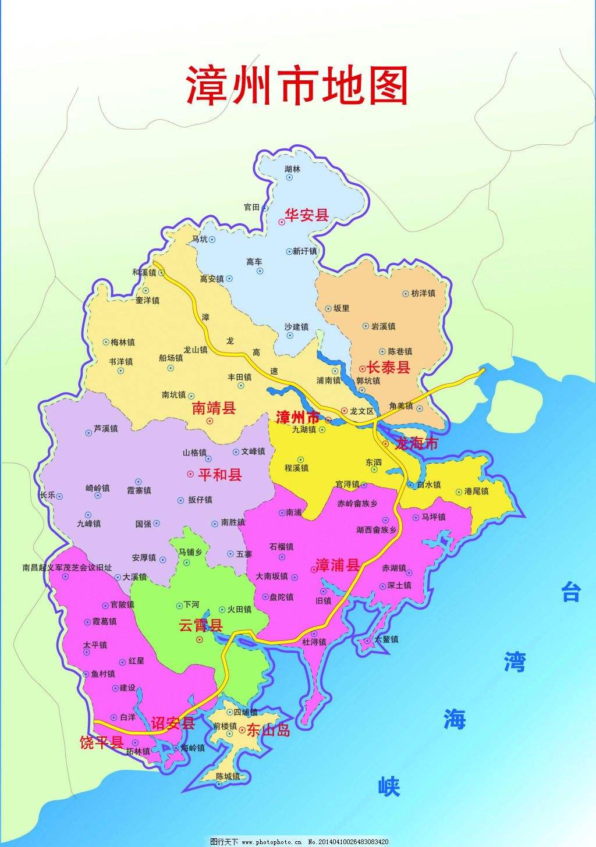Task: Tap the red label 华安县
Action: (x=307, y=215)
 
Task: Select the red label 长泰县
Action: (x=388, y=367)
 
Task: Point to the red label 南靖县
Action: (x=214, y=408)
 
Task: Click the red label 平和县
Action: (x=220, y=475)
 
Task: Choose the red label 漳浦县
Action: (x=337, y=565)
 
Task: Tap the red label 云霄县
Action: (x=200, y=626)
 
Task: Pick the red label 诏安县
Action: (x=173, y=723)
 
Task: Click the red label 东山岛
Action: (x=268, y=730)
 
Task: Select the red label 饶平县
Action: (x=101, y=742)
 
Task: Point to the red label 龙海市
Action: (x=416, y=444)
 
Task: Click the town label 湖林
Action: (x=293, y=169)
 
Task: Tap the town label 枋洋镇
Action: (x=423, y=294)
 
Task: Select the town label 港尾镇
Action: (x=477, y=492)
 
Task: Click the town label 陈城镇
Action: (x=228, y=776)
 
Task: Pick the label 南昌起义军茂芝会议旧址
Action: (x=67, y=567)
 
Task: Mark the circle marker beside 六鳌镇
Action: (x=368, y=640)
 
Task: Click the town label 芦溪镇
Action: (x=105, y=429)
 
